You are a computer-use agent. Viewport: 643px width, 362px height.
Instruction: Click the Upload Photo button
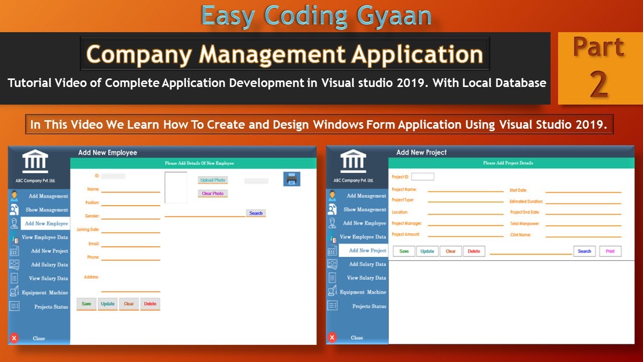(x=212, y=180)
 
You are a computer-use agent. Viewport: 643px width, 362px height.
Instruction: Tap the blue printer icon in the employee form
(x=291, y=178)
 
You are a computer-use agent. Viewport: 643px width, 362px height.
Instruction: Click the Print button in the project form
(x=610, y=251)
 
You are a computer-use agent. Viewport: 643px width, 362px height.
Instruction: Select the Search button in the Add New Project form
(x=584, y=251)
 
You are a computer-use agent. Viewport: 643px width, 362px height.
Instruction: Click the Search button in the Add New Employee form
(x=256, y=213)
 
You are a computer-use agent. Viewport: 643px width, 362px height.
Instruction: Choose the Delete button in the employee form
(x=150, y=304)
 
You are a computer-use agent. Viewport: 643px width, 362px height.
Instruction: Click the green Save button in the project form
(x=404, y=251)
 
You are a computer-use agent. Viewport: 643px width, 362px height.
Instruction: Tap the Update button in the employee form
(x=108, y=304)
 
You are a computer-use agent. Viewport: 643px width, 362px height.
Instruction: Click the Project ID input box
(x=422, y=176)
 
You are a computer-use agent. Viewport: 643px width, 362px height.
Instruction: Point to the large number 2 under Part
(x=599, y=84)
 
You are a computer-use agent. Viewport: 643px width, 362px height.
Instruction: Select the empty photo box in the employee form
(x=176, y=188)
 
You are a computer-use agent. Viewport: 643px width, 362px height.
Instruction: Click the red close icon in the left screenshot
(x=14, y=338)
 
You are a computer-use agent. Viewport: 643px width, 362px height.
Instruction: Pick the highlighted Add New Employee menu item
(x=46, y=224)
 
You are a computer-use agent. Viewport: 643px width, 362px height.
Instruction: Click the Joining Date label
(x=88, y=230)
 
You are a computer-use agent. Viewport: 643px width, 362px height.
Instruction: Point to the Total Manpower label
(x=524, y=223)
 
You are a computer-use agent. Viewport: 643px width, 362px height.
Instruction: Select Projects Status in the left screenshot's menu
(x=51, y=307)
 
